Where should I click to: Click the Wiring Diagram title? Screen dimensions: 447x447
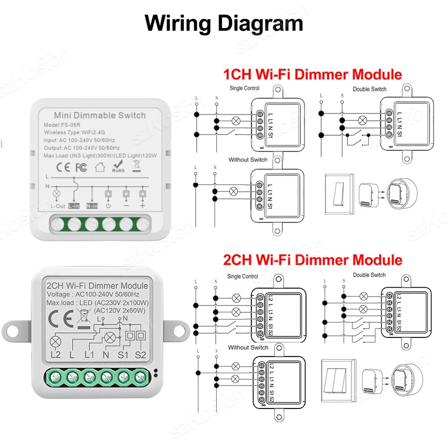223,23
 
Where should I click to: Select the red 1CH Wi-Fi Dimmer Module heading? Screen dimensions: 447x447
312,74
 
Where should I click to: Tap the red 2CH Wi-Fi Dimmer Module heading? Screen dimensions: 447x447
312,260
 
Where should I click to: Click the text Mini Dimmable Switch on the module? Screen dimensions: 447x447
101,116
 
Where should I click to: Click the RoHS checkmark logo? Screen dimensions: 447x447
118,167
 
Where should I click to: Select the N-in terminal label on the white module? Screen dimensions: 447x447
92,206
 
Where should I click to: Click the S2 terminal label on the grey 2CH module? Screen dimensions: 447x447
140,354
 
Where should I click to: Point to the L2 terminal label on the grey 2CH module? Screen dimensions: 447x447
55,354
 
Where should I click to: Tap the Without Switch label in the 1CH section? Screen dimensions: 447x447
248,160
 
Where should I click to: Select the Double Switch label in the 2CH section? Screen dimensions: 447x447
369,275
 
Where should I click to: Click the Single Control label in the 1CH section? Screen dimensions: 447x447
244,89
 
